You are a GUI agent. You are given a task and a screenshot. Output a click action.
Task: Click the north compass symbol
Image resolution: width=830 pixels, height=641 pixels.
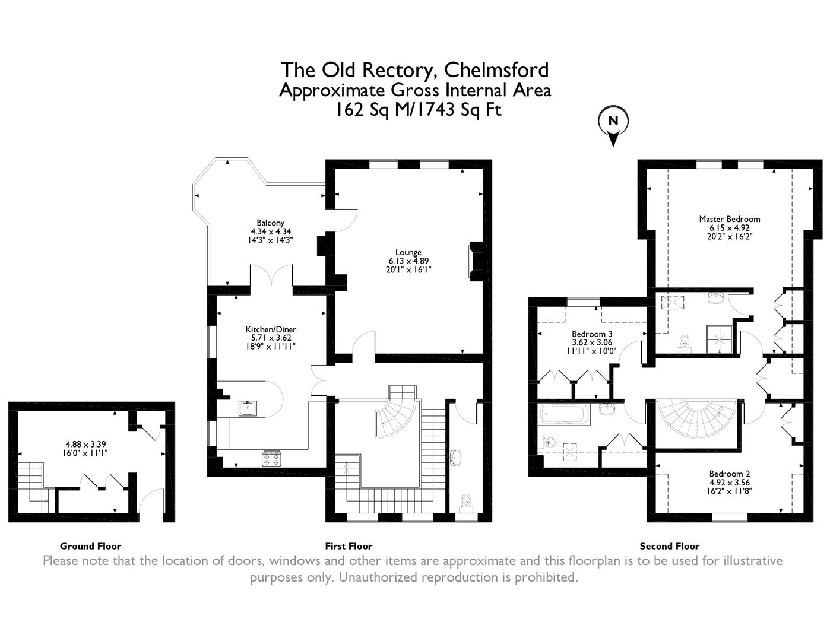(x=613, y=122)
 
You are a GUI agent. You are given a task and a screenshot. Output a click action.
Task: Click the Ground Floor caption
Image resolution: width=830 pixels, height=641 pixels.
(x=90, y=546)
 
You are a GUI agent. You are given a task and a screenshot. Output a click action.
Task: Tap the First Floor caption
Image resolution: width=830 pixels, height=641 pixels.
(x=349, y=546)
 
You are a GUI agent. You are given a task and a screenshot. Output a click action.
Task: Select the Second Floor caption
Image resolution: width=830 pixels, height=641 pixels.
(x=669, y=546)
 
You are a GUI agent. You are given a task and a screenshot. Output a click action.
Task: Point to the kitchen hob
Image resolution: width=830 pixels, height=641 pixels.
(x=271, y=458)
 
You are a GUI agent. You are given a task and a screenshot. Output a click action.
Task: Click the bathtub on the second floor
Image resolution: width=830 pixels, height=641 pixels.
(x=565, y=415)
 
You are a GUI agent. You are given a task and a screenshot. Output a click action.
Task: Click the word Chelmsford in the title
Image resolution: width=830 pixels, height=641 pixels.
(x=496, y=70)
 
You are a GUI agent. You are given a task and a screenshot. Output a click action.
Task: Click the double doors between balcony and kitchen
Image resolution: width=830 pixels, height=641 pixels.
(x=271, y=277)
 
